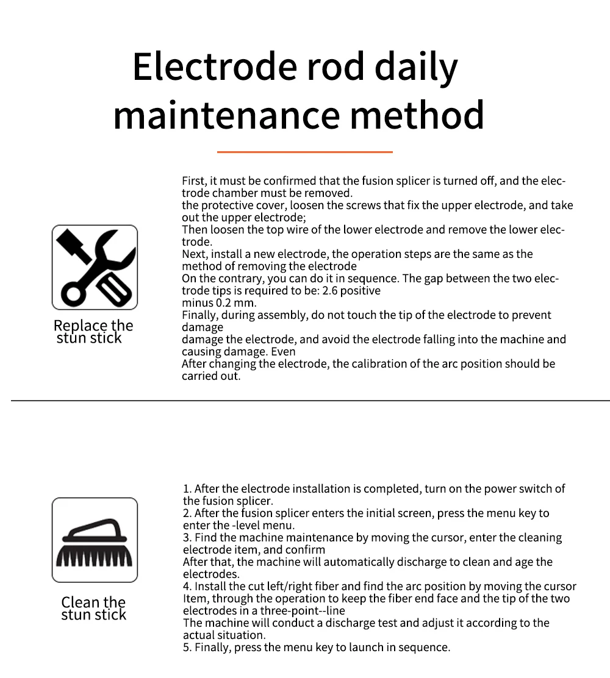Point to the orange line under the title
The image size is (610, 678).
pos(304,152)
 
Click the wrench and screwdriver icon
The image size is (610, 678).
pos(95,267)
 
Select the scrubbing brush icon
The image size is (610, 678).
pos(95,540)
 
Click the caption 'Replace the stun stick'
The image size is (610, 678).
pos(93,332)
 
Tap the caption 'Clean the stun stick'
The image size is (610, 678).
pos(93,608)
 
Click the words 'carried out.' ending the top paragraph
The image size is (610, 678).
pos(211,376)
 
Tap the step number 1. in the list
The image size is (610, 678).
pos(187,489)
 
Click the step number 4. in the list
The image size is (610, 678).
pos(187,587)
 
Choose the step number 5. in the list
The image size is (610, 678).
pos(187,648)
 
